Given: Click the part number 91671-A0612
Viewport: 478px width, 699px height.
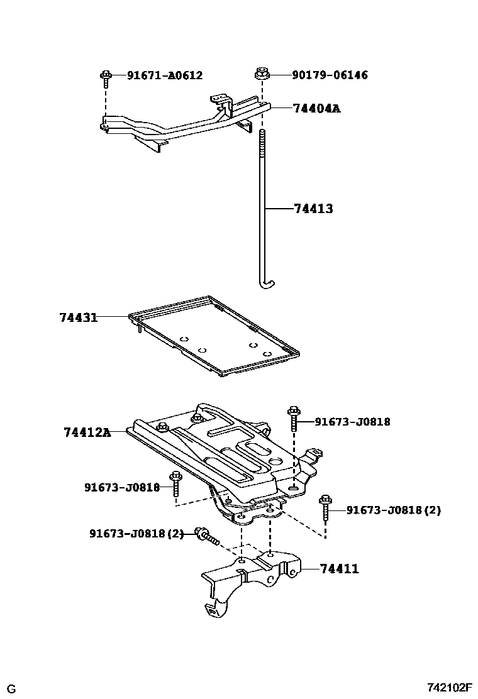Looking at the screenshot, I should pyautogui.click(x=165, y=75).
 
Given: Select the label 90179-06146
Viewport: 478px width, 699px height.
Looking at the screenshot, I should pyautogui.click(x=330, y=75).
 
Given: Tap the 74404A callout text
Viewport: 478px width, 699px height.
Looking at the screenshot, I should pyautogui.click(x=316, y=109).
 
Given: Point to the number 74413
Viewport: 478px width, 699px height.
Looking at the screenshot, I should pyautogui.click(x=313, y=209).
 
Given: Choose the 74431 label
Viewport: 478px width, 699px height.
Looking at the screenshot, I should pyautogui.click(x=79, y=317).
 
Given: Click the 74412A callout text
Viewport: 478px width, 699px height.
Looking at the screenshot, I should pyautogui.click(x=87, y=432).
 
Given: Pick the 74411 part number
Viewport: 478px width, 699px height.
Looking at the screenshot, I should pyautogui.click(x=339, y=569).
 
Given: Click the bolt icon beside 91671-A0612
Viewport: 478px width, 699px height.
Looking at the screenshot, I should pyautogui.click(x=106, y=78).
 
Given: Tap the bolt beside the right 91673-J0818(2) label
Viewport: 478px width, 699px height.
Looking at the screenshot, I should pyautogui.click(x=326, y=507).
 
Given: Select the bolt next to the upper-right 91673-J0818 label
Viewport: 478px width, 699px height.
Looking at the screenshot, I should pyautogui.click(x=294, y=419).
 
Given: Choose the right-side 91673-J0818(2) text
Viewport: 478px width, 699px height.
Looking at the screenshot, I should pyautogui.click(x=394, y=510).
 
